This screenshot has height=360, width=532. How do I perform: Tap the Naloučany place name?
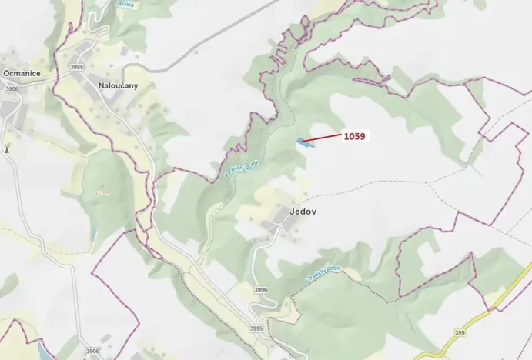(x=118, y=85)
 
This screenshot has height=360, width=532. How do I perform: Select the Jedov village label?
(x=283, y=210)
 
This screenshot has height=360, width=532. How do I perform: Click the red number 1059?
(x=354, y=136)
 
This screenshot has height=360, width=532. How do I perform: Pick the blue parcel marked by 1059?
(x=302, y=141)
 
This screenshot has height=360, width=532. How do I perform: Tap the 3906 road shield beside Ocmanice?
(x=12, y=88)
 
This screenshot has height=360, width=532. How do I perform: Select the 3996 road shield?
(x=260, y=289)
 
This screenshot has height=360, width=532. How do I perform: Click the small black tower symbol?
(x=7, y=147)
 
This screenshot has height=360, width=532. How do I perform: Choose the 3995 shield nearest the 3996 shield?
(x=255, y=328)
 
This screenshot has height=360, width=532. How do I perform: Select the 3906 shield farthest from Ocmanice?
(x=92, y=351)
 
